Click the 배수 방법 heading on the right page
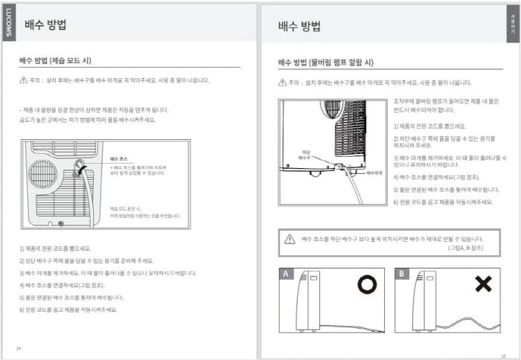(299, 27)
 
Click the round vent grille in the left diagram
(42, 175)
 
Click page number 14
(19, 347)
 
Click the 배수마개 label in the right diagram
(374, 171)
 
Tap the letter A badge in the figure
(286, 274)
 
